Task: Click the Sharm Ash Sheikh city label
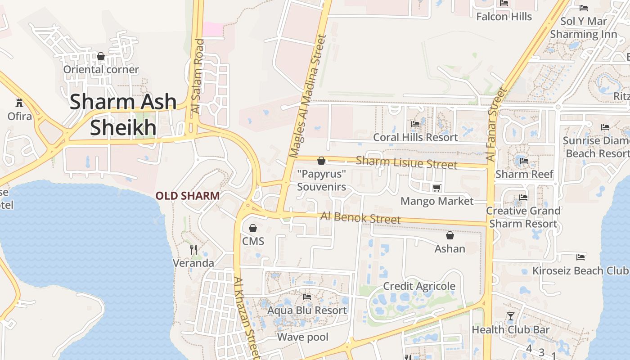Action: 123,115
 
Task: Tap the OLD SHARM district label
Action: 188,196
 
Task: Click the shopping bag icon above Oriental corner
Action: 101,56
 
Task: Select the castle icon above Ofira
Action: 19,103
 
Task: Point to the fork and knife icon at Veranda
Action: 193,249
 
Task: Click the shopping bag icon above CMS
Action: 253,228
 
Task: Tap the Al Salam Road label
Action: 198,76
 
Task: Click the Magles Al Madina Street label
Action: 308,97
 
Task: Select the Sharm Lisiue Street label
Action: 406,162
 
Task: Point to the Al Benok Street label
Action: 360,218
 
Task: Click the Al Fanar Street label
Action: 496,124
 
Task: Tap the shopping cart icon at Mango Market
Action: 436,188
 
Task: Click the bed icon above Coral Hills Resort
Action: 415,124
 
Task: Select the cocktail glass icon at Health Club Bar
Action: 510,316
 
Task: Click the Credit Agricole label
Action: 419,286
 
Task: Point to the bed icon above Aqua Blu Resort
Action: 307,297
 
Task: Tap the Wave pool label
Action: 303,337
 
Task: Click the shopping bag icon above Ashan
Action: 450,235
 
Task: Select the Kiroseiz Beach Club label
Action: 580,270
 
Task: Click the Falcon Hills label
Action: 504,17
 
